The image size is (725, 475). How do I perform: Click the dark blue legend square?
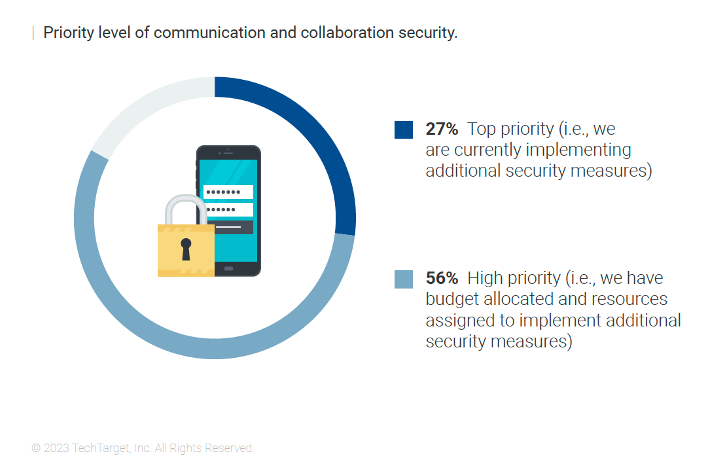point(404,130)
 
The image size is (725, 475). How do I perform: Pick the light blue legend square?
point(404,279)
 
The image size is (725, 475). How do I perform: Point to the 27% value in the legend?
point(442,129)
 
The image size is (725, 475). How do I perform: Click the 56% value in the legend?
point(442,279)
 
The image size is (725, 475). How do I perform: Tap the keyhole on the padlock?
point(186,249)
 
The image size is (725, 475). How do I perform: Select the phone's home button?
point(228,269)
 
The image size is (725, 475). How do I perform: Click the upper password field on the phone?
point(228,192)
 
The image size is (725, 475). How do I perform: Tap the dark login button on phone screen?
point(234,227)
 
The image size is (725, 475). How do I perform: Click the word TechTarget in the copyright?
point(101,448)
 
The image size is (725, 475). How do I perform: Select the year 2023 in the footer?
point(56,448)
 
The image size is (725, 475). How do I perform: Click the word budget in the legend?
point(452,299)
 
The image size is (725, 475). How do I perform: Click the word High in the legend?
point(484,279)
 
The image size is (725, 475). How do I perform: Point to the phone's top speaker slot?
point(228,152)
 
